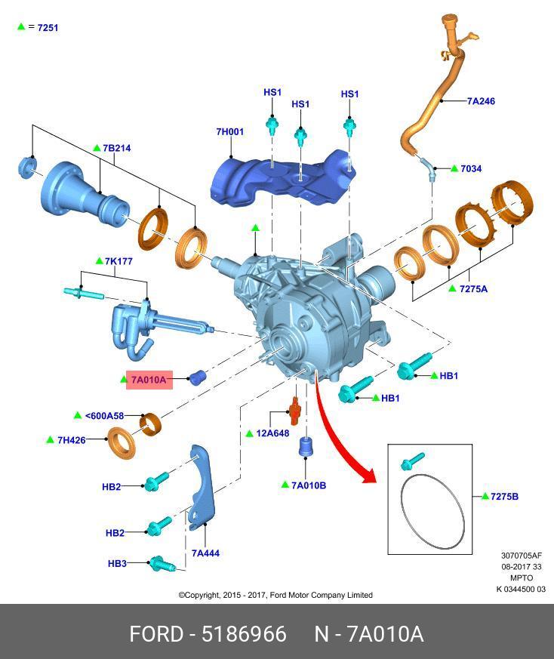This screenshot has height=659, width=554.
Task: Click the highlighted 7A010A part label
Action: coord(148,380)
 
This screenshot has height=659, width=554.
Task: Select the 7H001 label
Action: coord(230,132)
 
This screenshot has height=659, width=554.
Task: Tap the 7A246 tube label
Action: coord(481,100)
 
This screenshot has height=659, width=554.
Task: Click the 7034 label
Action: coord(471,168)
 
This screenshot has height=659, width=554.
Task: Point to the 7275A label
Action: coord(473,288)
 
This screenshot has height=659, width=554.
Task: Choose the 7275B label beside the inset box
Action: coord(504,497)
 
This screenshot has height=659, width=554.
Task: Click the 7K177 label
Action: coord(118,261)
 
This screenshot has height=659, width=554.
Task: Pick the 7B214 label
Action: coord(116,148)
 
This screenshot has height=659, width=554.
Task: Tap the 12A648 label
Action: coord(272,433)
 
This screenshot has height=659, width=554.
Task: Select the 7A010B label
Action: coord(309,485)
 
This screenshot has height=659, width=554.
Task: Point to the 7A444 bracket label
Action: coord(205,553)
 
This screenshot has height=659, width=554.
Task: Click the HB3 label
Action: coord(117,563)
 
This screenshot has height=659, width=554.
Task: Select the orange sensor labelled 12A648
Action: coord(295,409)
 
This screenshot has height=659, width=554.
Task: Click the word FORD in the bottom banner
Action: coord(156,633)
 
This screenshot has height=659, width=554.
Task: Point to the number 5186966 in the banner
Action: coord(244,633)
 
